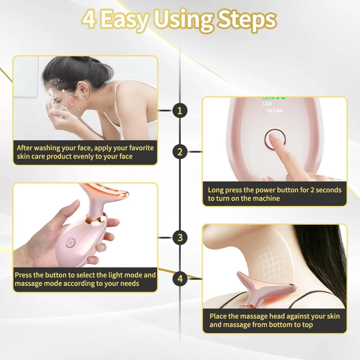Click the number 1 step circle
[x=180, y=111]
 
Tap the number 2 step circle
[x=180, y=152]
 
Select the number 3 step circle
[x=180, y=238]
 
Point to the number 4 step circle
[x=180, y=278]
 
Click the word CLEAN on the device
[x=275, y=111]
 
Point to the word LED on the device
[x=267, y=104]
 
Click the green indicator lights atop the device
[x=274, y=98]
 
